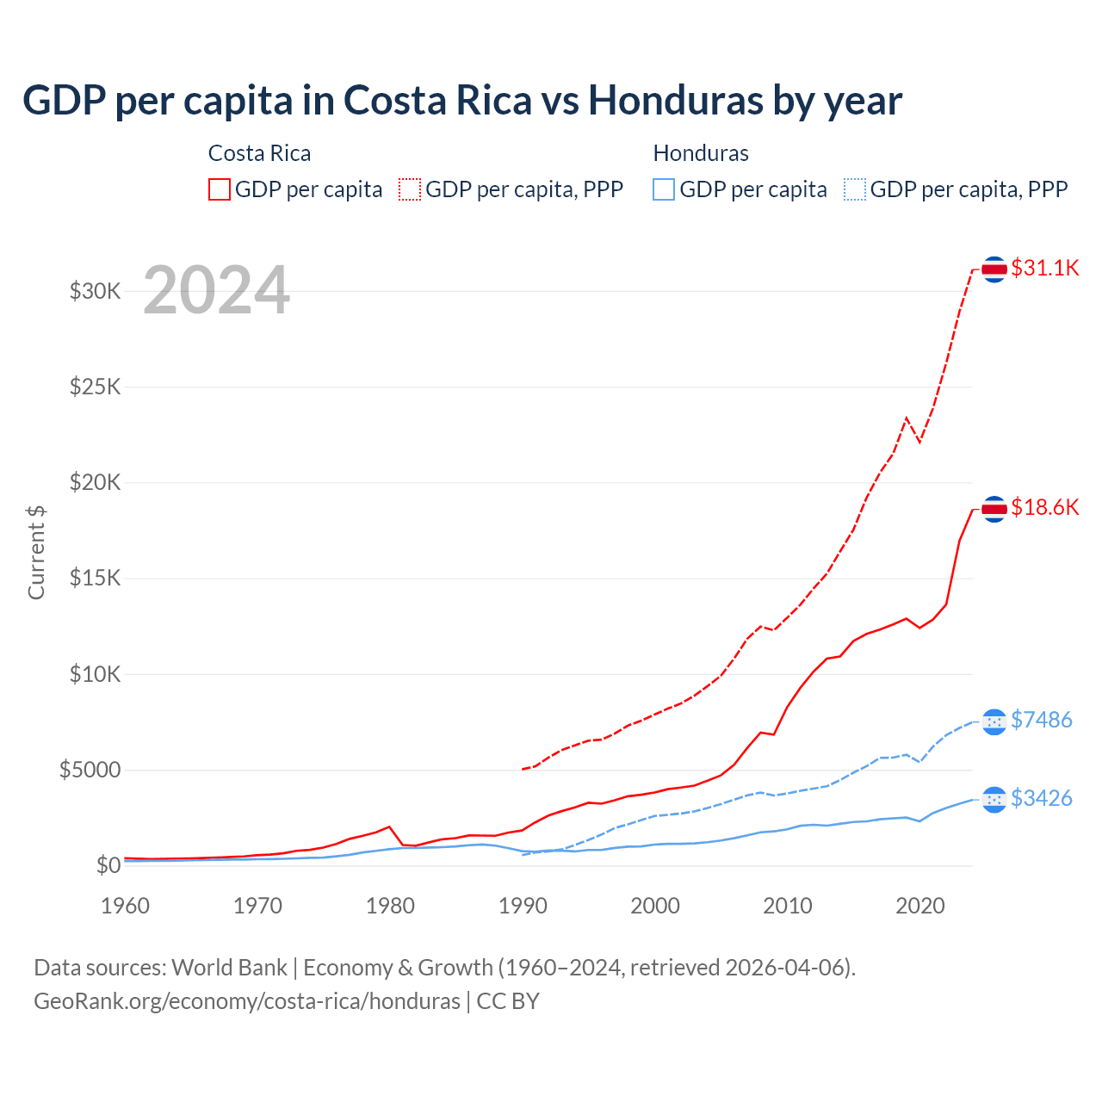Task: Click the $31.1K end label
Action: click(x=1044, y=268)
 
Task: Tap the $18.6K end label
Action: click(x=1044, y=507)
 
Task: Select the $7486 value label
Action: click(x=1041, y=720)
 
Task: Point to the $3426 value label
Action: click(x=1041, y=798)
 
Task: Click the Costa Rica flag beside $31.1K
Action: click(x=994, y=269)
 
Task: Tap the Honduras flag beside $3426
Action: click(x=994, y=800)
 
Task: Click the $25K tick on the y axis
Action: click(x=96, y=387)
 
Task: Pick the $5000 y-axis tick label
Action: click(x=90, y=770)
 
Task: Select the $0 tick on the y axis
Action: click(x=108, y=865)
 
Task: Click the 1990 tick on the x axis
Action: click(x=523, y=906)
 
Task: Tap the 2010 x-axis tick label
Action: click(x=788, y=906)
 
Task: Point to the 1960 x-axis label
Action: click(x=126, y=906)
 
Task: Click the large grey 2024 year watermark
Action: click(x=216, y=290)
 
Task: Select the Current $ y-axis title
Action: click(x=36, y=552)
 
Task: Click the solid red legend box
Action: click(x=220, y=189)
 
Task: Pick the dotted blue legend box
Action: click(x=855, y=189)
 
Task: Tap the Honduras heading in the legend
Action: click(x=701, y=153)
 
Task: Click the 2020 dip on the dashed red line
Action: click(x=919, y=442)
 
